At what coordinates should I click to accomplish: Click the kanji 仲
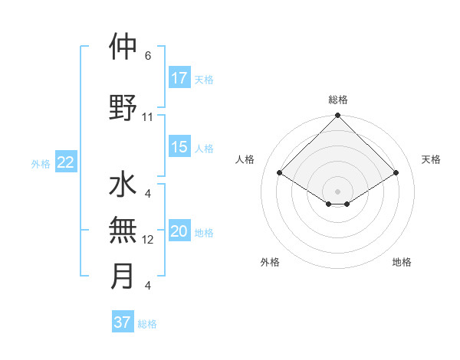[x=123, y=47]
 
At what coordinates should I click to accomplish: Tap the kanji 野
[x=123, y=109]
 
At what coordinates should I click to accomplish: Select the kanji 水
[x=123, y=185]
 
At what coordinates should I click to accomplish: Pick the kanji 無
[x=123, y=230]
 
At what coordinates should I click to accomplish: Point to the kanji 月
[x=123, y=277]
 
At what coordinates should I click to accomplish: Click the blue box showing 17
[x=179, y=77]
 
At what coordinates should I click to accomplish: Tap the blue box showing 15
[x=179, y=147]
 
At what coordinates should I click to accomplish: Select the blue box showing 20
[x=179, y=231]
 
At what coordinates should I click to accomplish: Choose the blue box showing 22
[x=66, y=162]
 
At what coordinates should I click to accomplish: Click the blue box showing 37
[x=123, y=322]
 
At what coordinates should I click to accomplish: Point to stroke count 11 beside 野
[x=148, y=117]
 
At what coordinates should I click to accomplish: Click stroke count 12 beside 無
[x=148, y=240]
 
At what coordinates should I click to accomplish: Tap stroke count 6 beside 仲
[x=148, y=56]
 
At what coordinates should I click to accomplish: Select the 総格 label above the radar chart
[x=337, y=100]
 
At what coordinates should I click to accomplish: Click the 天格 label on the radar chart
[x=432, y=159]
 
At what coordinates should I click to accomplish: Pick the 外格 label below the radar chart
[x=270, y=262]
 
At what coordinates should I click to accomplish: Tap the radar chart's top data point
[x=337, y=116]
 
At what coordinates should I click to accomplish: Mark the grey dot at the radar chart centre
[x=337, y=190]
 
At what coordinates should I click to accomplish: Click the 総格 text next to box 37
[x=147, y=324]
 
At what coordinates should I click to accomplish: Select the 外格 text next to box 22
[x=41, y=163]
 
